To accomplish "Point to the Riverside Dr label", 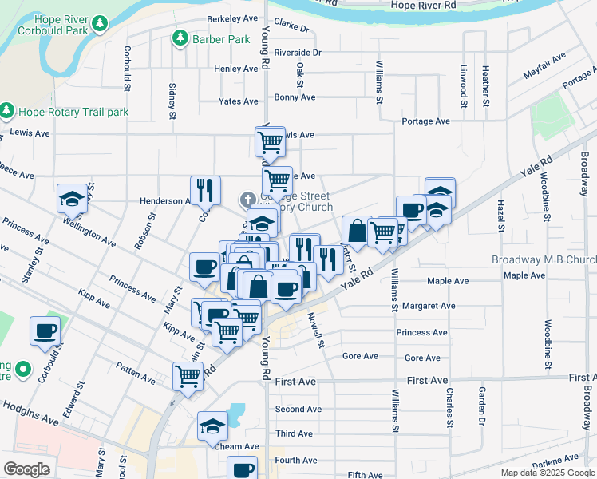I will point(297,53).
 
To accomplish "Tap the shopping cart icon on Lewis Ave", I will point(270,142).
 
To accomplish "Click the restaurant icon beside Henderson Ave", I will point(204,190).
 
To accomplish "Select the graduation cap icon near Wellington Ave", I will point(72,199).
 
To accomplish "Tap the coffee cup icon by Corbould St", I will point(45,330).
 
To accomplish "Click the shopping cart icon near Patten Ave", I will point(188,374).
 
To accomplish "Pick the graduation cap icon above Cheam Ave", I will point(212,426).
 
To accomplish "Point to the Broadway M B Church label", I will point(544,260).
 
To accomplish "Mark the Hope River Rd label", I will point(423,6).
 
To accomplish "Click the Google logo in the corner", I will point(26,469).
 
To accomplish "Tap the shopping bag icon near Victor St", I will point(356,231).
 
